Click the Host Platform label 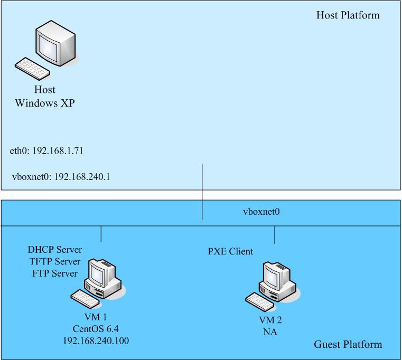point(348,15)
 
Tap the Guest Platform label point(348,345)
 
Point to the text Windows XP point(45,103)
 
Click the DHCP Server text point(55,250)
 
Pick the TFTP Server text point(54,261)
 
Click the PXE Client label point(230,251)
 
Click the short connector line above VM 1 point(101,234)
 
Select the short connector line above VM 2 point(275,235)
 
